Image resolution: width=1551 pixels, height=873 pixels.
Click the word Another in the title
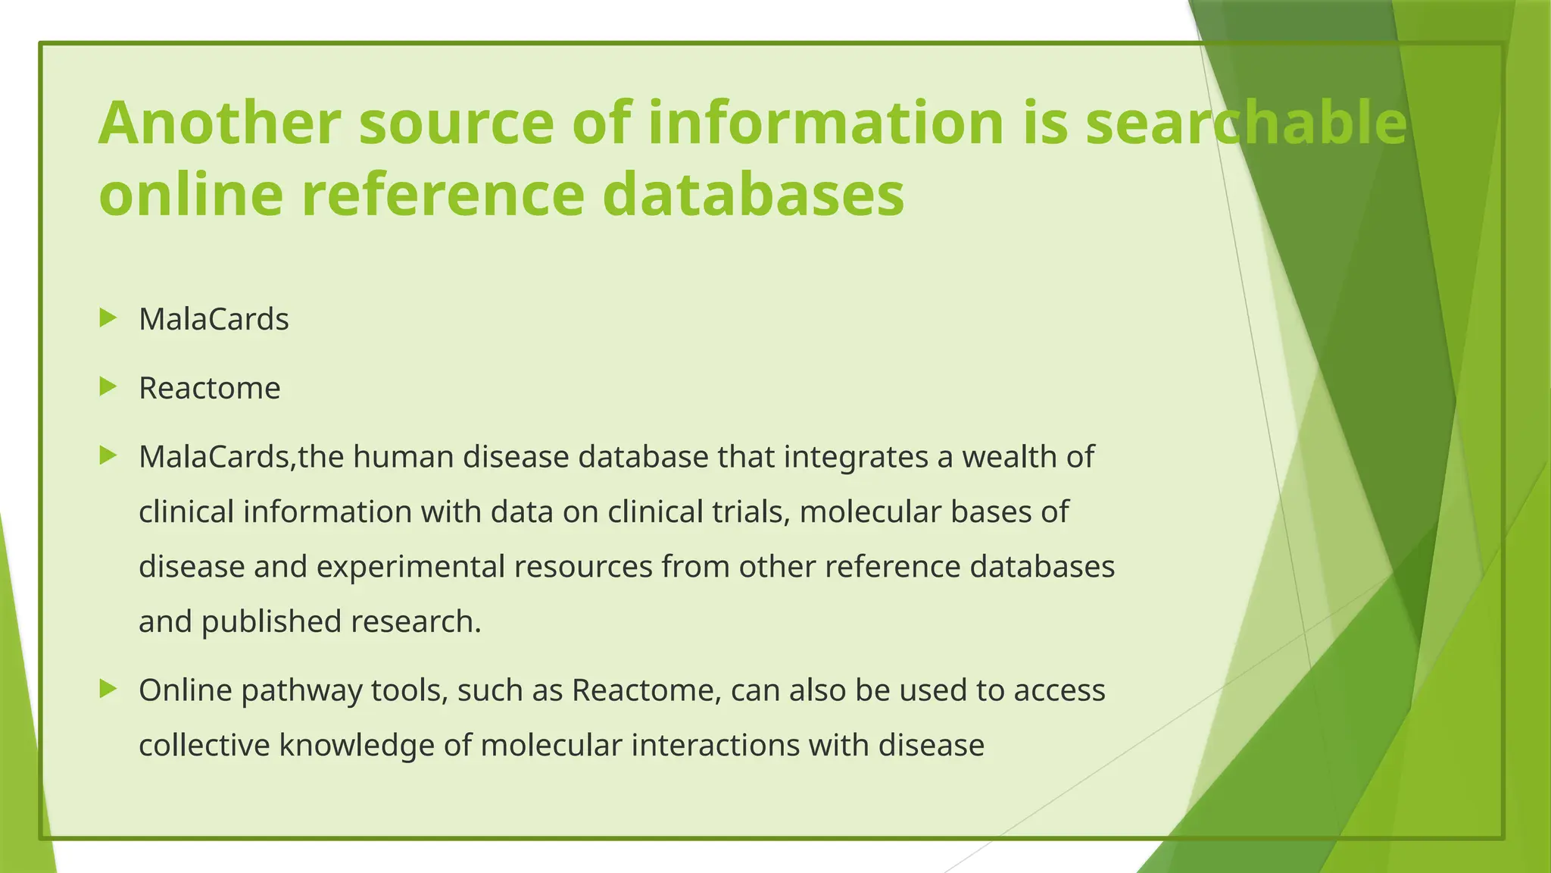point(220,123)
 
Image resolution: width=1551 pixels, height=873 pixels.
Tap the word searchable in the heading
point(1246,123)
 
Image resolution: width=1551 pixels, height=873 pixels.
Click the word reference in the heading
point(443,194)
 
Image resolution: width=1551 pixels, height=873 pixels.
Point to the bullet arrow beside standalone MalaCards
point(108,318)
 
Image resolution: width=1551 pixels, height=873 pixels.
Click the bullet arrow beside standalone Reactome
point(108,387)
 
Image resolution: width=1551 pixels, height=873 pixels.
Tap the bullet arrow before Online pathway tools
point(108,689)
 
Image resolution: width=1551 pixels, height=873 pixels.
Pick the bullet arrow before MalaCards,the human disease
point(108,455)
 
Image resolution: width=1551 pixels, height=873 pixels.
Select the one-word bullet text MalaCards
point(214,320)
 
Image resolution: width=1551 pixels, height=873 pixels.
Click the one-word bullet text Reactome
point(210,389)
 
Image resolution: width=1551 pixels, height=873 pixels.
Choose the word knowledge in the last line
point(357,746)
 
